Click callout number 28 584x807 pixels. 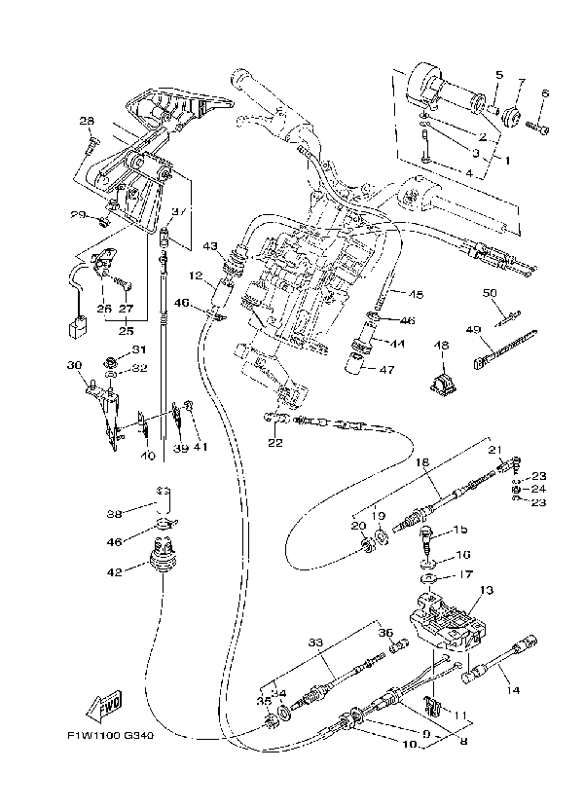coord(86,121)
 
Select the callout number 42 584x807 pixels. coord(116,572)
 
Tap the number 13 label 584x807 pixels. coord(487,590)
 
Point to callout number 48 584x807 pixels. coord(441,346)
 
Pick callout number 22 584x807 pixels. coord(274,443)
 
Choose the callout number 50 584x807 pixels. coord(490,292)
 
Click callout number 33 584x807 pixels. coord(314,642)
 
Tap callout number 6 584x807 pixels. coord(544,93)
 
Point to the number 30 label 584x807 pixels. coord(73,365)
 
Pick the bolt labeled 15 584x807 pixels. coord(426,533)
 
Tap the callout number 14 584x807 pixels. coord(513,690)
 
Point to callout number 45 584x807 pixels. coord(417,293)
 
